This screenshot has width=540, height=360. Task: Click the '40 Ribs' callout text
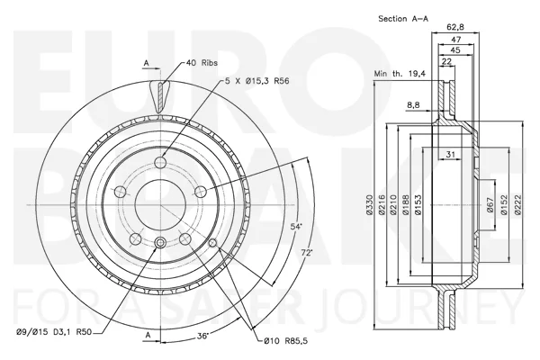pos(202,63)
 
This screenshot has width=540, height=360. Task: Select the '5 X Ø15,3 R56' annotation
pos(256,81)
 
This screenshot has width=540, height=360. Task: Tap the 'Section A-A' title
pos(403,19)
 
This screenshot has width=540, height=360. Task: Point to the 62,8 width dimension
pos(455,26)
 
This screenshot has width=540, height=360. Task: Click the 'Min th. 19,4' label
pos(400,74)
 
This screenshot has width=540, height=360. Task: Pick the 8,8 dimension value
pos(413,105)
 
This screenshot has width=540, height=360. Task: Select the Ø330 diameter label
pos(370,204)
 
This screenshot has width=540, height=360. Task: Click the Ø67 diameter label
pos(490,204)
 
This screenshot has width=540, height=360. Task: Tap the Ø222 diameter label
pos(519,204)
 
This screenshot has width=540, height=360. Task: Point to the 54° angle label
pos(296,227)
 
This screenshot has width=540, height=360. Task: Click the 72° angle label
pos(307,253)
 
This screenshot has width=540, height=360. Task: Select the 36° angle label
pos(203,336)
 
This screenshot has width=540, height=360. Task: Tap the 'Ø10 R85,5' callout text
pos(286,341)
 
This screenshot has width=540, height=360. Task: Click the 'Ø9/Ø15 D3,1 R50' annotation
pos(54,332)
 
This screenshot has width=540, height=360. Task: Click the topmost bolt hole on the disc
pos(161,162)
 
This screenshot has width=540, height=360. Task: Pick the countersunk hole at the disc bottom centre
pos(160,242)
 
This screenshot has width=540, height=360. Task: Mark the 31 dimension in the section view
pos(451,155)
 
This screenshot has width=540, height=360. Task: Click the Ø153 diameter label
pos(418,204)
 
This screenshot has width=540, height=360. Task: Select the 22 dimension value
pos(446,61)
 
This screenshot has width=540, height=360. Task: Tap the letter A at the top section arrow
pos(147,63)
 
